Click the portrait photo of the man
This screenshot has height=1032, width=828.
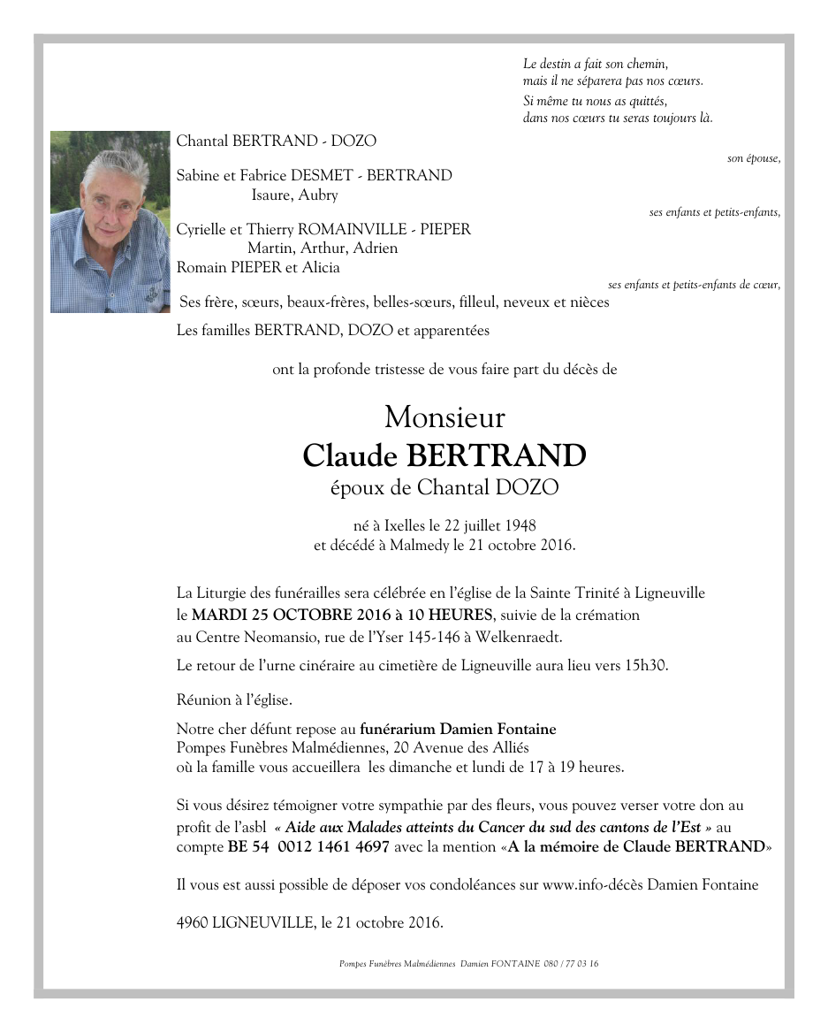110,222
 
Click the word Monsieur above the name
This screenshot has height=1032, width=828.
444,416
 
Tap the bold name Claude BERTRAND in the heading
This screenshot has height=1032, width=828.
444,455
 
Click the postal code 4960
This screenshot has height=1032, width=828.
192,923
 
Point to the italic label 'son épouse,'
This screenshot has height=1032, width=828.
753,159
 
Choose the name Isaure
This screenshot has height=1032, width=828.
270,195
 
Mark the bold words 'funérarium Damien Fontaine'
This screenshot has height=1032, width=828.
458,730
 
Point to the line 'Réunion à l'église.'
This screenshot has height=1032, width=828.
234,700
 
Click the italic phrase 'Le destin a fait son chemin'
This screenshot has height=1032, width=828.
595,64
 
